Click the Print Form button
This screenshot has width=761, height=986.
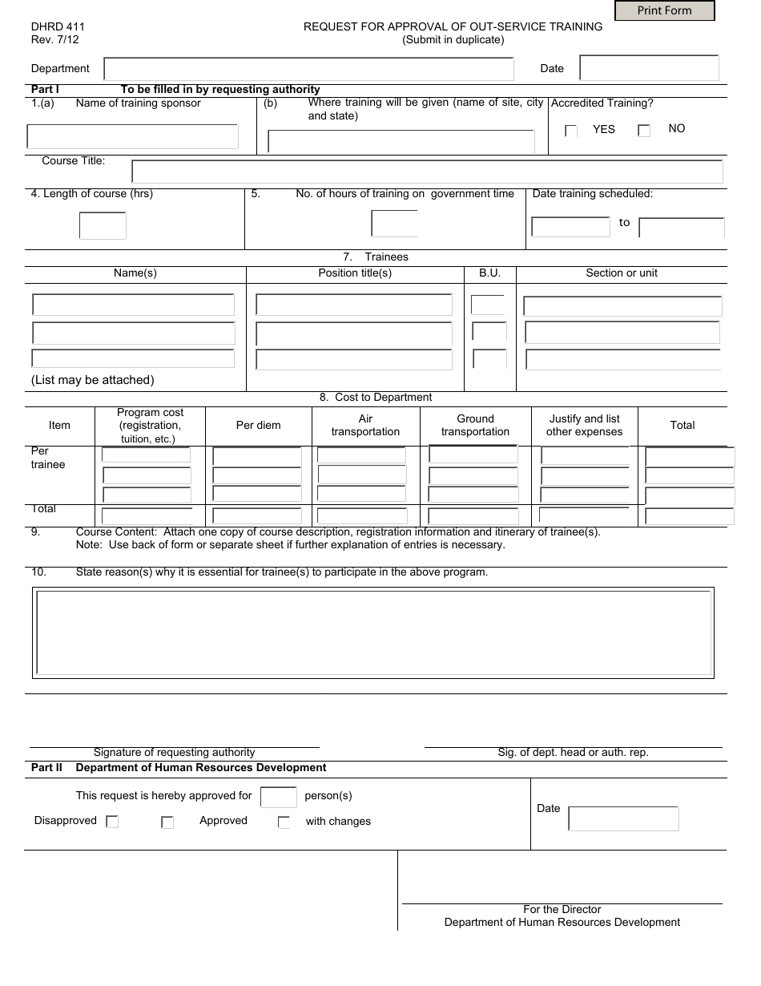pyautogui.click(x=664, y=10)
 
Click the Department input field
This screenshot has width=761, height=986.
pyautogui.click(x=308, y=69)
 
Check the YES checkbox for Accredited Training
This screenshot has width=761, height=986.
pyautogui.click(x=571, y=131)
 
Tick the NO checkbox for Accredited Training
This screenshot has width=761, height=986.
pyautogui.click(x=644, y=131)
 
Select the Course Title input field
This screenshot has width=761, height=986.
pyautogui.click(x=427, y=172)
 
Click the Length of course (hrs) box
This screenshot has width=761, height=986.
pyautogui.click(x=103, y=225)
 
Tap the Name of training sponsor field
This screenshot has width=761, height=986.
pyautogui.click(x=133, y=136)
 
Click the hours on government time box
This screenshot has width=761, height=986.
pyautogui.click(x=394, y=224)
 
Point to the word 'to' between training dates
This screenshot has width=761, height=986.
pyautogui.click(x=625, y=223)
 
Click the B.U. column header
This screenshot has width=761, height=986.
pyautogui.click(x=489, y=273)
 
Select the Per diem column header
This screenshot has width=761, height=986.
pyautogui.click(x=258, y=426)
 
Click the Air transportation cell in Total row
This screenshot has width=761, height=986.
pyautogui.click(x=362, y=516)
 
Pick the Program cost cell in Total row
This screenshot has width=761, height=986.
pyautogui.click(x=147, y=516)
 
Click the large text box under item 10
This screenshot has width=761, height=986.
pyautogui.click(x=373, y=632)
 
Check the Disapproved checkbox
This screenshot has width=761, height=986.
pyautogui.click(x=112, y=822)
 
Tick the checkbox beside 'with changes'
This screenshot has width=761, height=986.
pyautogui.click(x=284, y=822)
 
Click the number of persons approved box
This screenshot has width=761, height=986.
pyautogui.click(x=279, y=797)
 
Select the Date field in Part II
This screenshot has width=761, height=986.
pyautogui.click(x=623, y=818)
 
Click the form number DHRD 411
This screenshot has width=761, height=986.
pyautogui.click(x=58, y=26)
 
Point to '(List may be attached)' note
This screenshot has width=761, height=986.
pyautogui.click(x=93, y=380)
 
